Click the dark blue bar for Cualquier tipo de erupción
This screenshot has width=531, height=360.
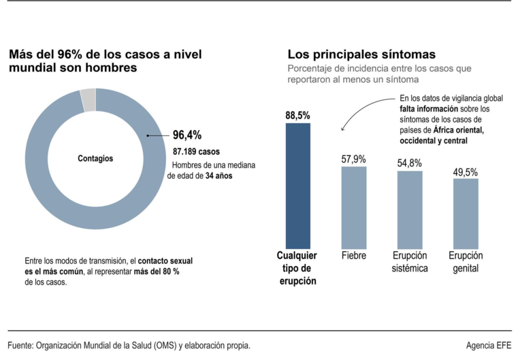click(x=297, y=185)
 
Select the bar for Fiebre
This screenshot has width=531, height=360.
click(x=353, y=207)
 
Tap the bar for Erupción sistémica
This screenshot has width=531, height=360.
click(x=410, y=209)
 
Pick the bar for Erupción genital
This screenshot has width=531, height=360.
click(x=466, y=212)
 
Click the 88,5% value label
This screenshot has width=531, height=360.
click(x=297, y=116)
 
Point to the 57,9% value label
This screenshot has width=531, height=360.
click(x=353, y=159)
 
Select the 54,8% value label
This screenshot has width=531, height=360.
click(x=410, y=163)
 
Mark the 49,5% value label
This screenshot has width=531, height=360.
click(x=466, y=172)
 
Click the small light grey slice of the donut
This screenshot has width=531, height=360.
click(x=88, y=100)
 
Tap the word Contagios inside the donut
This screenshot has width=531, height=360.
click(x=95, y=159)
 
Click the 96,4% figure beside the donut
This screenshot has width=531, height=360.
click(x=187, y=135)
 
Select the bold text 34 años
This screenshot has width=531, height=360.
click(x=219, y=176)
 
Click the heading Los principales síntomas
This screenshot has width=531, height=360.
click(x=361, y=54)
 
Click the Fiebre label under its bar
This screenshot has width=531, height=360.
click(x=353, y=255)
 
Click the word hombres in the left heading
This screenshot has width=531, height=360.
click(x=111, y=68)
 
